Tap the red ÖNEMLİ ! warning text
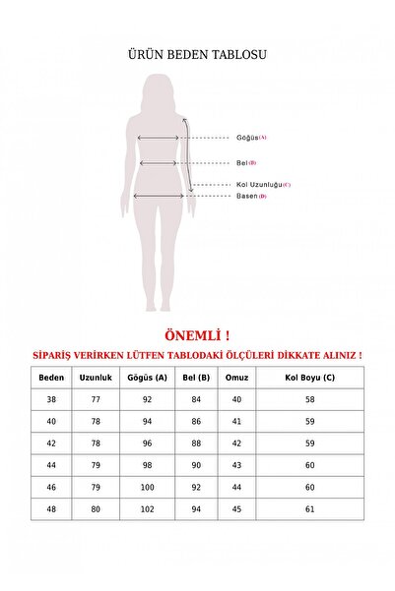(197, 334)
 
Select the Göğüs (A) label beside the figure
(251, 138)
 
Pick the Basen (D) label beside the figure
(250, 196)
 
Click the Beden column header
(50, 377)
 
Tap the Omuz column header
(236, 377)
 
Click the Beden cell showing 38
(50, 400)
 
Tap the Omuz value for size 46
(236, 488)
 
